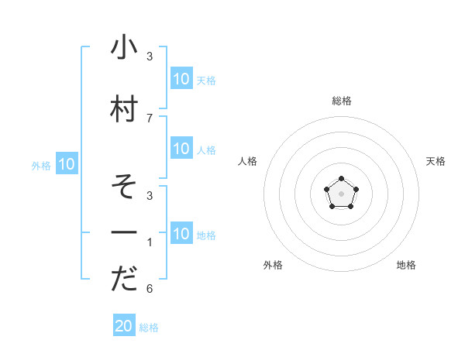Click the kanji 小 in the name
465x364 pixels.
124,47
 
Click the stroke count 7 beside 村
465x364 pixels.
150,118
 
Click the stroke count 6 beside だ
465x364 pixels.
150,289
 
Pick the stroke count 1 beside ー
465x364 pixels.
150,242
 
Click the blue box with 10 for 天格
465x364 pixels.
181,78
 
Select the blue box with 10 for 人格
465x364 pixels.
181,149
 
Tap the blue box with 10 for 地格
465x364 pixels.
181,234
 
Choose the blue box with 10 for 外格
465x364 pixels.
67,164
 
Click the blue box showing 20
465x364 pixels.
124,326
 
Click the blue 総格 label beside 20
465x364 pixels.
149,328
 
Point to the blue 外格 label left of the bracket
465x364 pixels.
41,165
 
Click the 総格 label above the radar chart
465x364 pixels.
341,101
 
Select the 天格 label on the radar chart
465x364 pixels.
436,161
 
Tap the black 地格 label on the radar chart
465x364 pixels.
406,265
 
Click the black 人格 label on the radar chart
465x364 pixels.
247,161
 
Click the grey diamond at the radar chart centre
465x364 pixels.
341,193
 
